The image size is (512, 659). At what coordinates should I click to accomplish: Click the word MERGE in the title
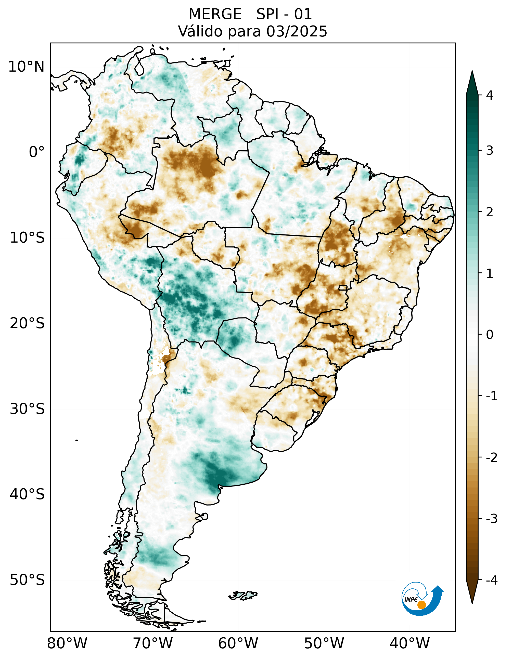point(215,14)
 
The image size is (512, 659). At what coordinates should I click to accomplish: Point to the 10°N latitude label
point(26,67)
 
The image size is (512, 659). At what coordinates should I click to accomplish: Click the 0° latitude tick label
point(36,152)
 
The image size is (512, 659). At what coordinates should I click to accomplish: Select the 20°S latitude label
point(27,323)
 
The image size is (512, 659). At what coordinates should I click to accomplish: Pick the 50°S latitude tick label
point(27,580)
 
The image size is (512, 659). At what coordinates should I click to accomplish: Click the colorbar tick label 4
point(490,95)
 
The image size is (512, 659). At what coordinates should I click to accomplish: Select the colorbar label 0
point(490,335)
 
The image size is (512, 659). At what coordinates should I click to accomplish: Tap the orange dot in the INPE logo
point(421,605)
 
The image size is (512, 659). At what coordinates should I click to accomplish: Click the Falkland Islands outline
point(243,595)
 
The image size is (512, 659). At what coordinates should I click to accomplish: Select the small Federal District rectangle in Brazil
point(343,287)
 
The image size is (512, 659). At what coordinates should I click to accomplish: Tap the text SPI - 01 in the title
point(284,14)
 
